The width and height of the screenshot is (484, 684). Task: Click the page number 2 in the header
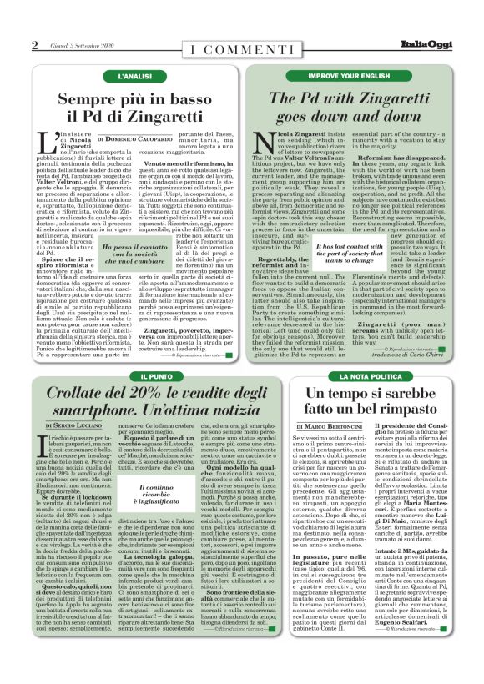pyautogui.click(x=34, y=44)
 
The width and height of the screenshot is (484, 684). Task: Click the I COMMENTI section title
pyautogui.click(x=242, y=50)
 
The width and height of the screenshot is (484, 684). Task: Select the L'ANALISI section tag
pyautogui.click(x=134, y=76)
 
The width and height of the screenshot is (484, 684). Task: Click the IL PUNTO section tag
pyautogui.click(x=135, y=377)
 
